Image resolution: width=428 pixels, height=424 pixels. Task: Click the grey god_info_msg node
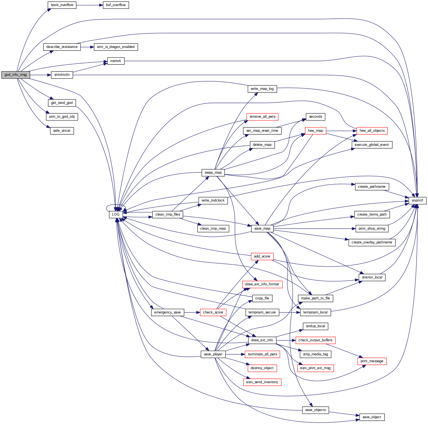[x=16, y=75]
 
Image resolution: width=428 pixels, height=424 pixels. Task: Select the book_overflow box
[x=62, y=5]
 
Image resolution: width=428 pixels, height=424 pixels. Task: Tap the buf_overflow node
[x=116, y=5]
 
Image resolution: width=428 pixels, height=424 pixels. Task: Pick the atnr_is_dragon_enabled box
[x=116, y=47]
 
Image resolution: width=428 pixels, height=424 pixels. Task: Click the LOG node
[x=116, y=214]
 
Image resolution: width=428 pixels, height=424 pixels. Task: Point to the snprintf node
[x=417, y=200]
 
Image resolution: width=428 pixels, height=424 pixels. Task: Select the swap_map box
[x=213, y=173]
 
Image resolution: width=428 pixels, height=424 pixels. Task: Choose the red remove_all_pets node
[x=262, y=117]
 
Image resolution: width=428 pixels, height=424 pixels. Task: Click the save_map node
[x=262, y=228]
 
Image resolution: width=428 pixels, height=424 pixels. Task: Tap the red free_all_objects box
[x=372, y=131]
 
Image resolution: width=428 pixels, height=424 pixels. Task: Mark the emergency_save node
[x=167, y=312]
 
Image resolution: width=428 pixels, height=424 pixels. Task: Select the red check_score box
[x=213, y=312]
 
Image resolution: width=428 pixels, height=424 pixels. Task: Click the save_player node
[x=213, y=354]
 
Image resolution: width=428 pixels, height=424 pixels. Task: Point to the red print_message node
[x=372, y=361]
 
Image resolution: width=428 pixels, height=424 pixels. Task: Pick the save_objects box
[x=315, y=410]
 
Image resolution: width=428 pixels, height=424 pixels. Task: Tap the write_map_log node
[x=262, y=89]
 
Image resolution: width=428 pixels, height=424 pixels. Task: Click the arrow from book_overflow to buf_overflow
[x=89, y=5]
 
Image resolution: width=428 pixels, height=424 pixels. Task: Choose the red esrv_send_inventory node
[x=262, y=382]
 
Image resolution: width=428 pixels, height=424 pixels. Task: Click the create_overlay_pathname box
[x=372, y=242]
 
